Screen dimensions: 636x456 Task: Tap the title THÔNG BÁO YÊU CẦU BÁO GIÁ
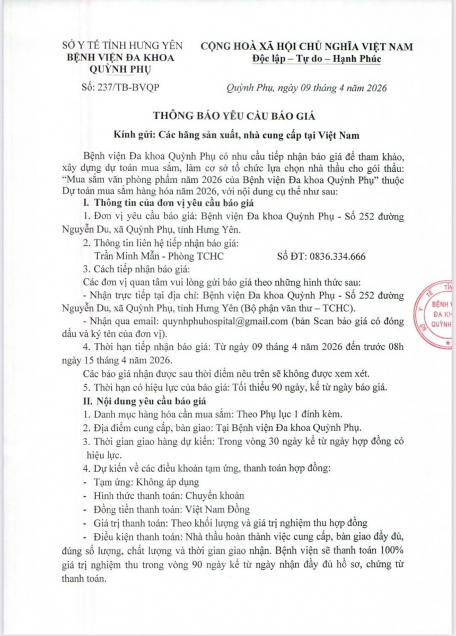point(227,116)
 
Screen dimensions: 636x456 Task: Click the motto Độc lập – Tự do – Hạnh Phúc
point(317,58)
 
